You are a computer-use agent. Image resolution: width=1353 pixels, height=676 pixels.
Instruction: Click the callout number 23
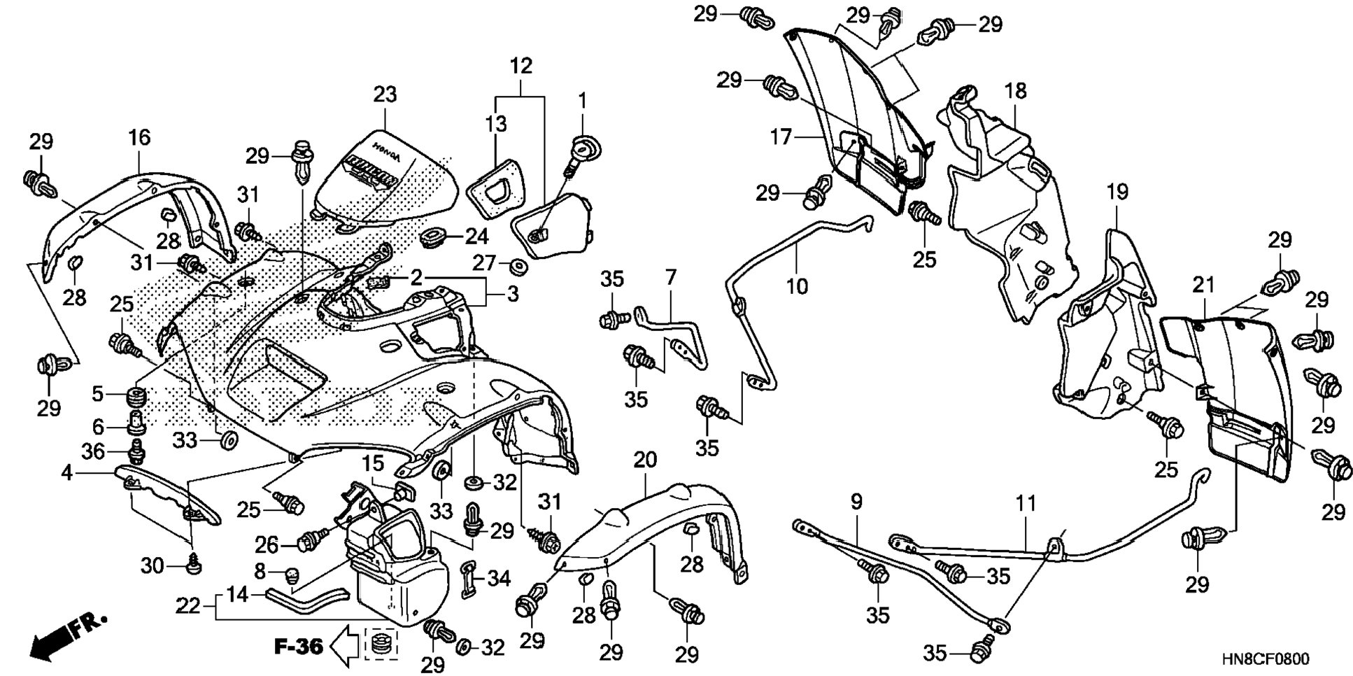pos(385,94)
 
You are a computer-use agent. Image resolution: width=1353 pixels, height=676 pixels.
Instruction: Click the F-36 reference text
pos(298,647)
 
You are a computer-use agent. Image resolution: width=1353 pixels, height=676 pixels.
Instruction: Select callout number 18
pos(1016,90)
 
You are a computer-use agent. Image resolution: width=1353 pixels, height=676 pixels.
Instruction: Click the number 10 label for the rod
pos(797,286)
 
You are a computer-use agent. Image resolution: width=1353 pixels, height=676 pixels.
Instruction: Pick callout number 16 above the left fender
pos(139,137)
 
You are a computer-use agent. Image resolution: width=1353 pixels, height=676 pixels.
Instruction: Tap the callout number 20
pos(645,460)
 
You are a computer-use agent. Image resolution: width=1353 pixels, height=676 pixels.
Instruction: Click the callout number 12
pos(521,66)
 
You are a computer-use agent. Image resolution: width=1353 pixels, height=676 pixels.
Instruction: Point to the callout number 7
pos(671,278)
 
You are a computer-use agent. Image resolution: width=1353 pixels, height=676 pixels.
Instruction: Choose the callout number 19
pos(1117,192)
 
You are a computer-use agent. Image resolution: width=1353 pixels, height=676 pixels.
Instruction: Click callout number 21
pos(1203,286)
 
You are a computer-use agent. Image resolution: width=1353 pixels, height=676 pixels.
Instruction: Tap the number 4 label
pos(66,474)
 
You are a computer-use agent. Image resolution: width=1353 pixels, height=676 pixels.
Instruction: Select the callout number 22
pos(187,606)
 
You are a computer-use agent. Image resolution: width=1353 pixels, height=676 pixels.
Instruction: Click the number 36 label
pos(93,451)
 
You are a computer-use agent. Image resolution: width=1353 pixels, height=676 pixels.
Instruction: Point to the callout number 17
pos(780,137)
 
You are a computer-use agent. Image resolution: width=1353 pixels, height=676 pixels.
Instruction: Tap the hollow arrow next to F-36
pos(343,646)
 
